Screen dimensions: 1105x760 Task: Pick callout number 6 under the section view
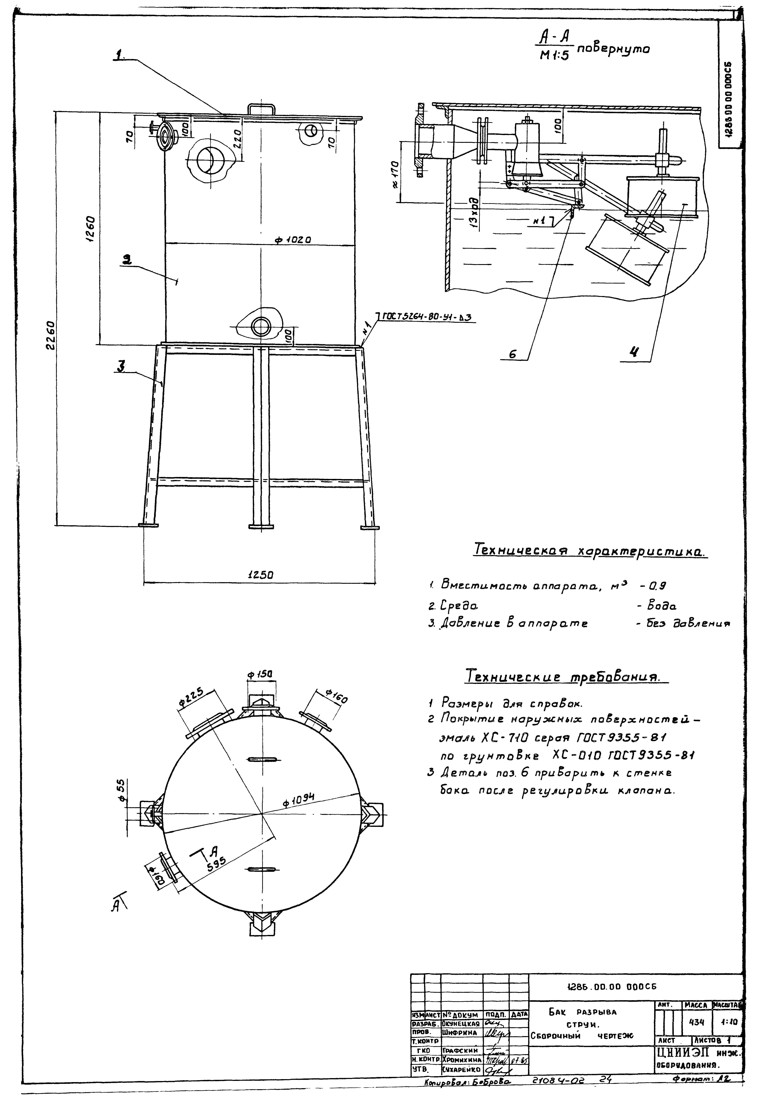[512, 354]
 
